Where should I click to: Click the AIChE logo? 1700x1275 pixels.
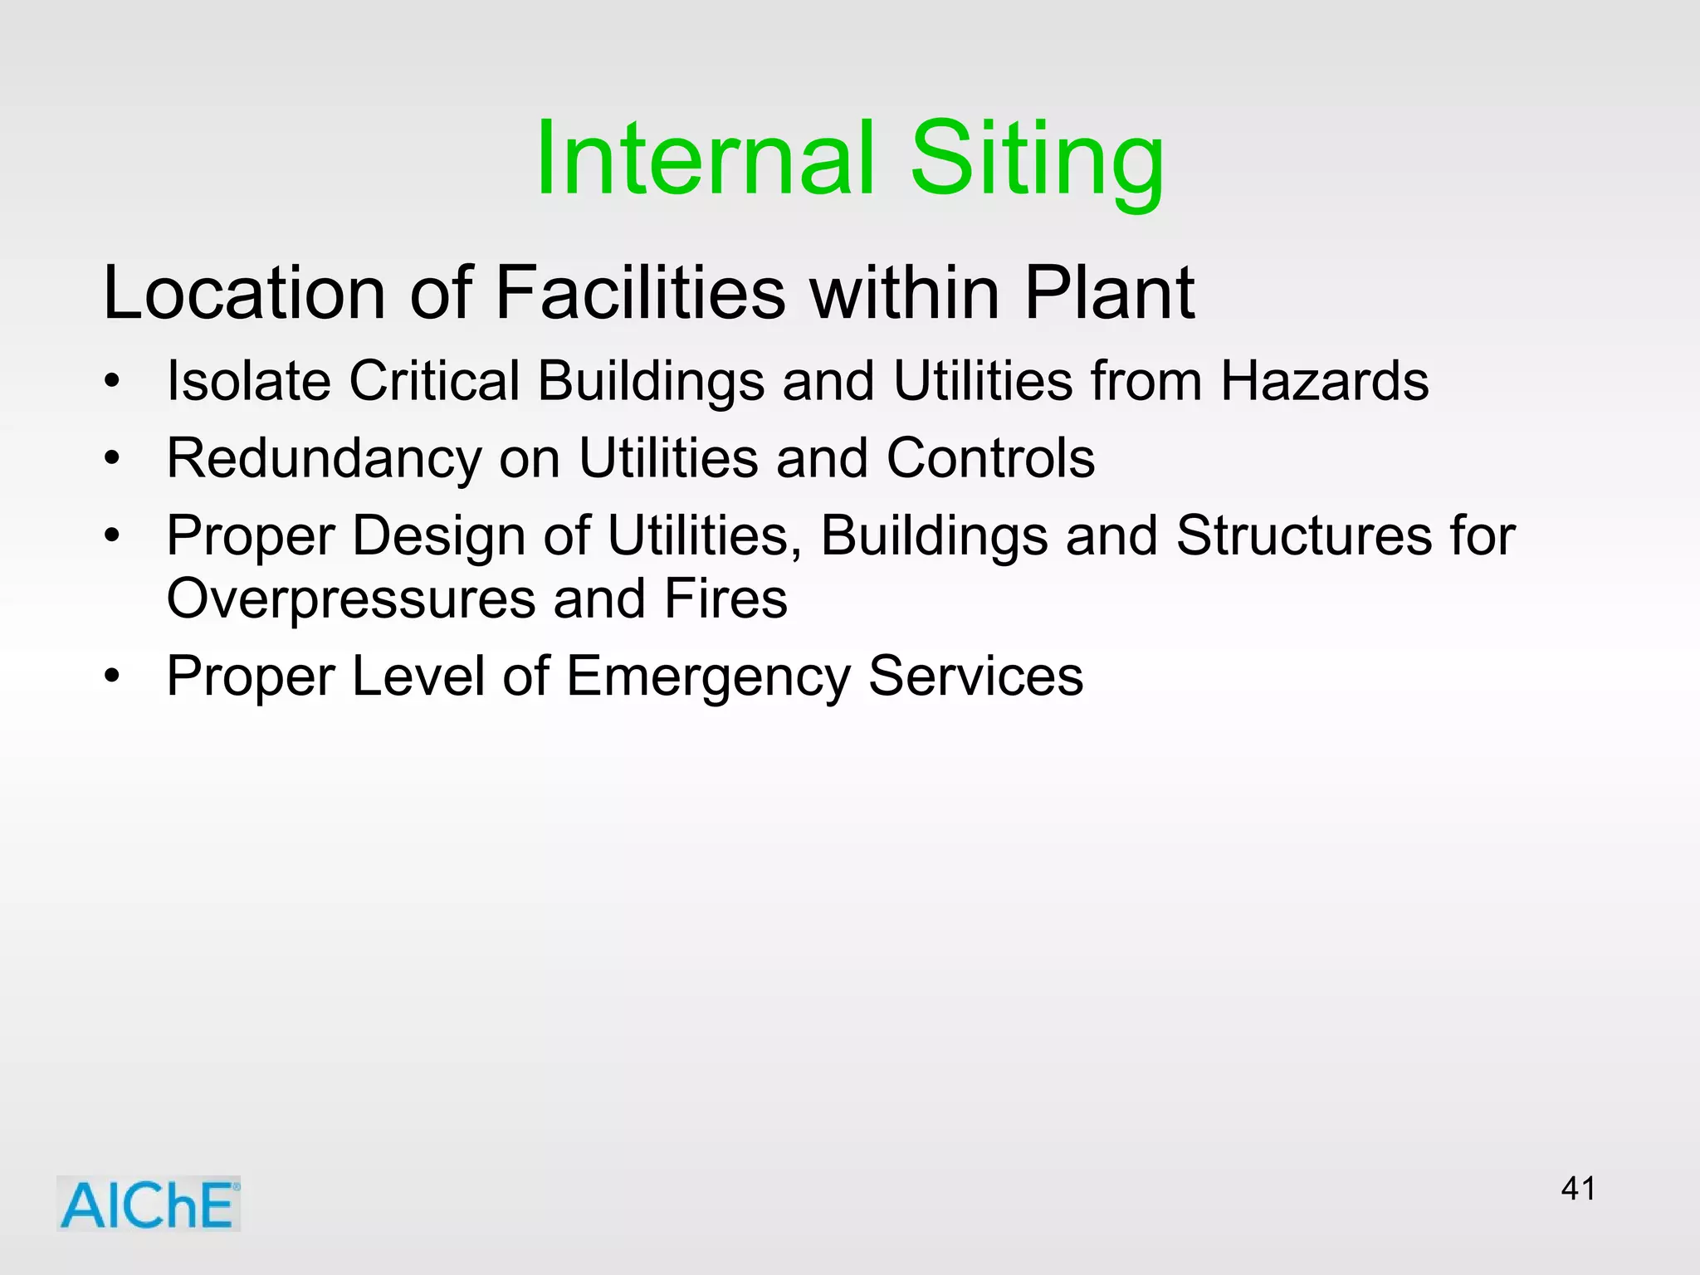pyautogui.click(x=149, y=1204)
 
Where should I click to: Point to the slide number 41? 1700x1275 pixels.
pyautogui.click(x=1578, y=1189)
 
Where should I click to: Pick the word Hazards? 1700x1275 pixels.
pyautogui.click(x=1324, y=381)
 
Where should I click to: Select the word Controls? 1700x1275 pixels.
pyautogui.click(x=990, y=458)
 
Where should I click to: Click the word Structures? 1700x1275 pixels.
pyautogui.click(x=1303, y=535)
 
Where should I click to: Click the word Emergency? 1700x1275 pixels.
pyautogui.click(x=708, y=677)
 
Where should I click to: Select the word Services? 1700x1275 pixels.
pyautogui.click(x=975, y=677)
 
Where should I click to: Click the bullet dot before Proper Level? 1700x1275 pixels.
pyautogui.click(x=112, y=677)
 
